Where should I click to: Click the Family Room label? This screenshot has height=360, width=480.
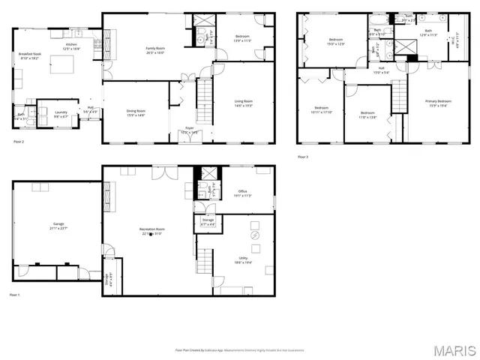(155, 50)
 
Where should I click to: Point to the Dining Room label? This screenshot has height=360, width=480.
(136, 112)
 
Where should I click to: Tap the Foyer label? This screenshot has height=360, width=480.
(190, 130)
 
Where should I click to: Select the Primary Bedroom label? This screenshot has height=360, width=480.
(439, 103)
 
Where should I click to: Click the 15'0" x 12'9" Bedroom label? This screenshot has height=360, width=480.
(335, 41)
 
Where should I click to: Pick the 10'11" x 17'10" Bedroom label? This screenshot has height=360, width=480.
(321, 109)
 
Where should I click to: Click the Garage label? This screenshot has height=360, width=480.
(58, 226)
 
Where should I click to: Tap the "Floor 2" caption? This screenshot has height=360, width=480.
(19, 141)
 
